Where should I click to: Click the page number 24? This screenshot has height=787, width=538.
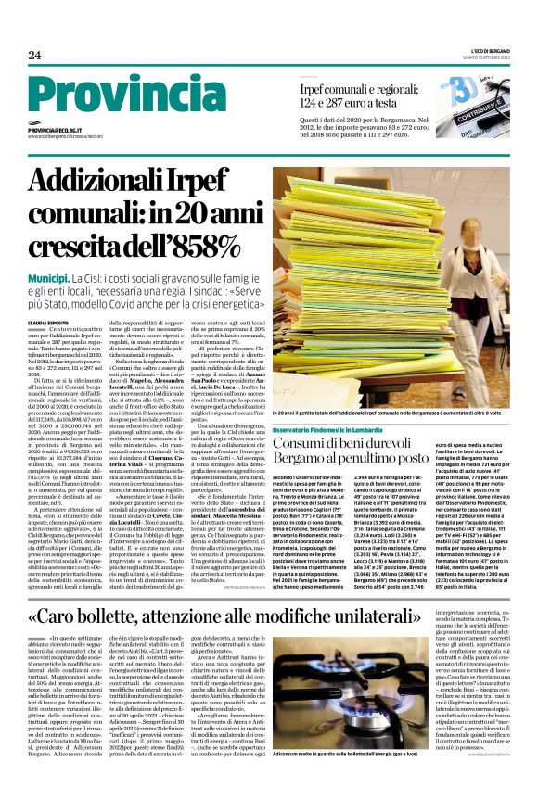tap(34, 56)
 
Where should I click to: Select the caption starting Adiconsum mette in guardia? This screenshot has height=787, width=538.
tap(378, 754)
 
